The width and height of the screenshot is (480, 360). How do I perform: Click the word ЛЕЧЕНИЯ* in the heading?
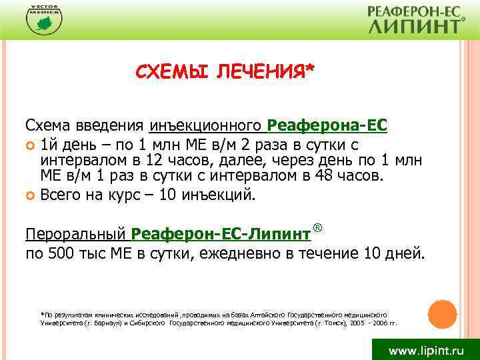pyautogui.click(x=262, y=71)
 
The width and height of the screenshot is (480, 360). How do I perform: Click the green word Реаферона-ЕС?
pyautogui.click(x=327, y=125)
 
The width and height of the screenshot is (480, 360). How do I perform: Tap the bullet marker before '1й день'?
pyautogui.click(x=31, y=145)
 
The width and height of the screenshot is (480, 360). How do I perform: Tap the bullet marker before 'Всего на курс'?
pyautogui.click(x=31, y=196)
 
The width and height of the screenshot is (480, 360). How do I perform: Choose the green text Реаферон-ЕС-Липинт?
pyautogui.click(x=221, y=234)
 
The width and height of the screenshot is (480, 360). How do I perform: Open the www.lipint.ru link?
pyautogui.click(x=425, y=349)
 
